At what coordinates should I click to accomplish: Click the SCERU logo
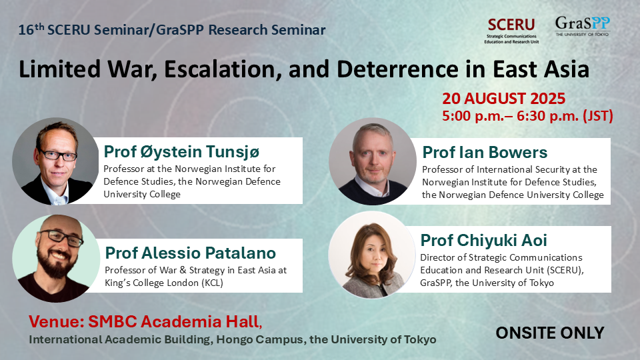pos(511,31)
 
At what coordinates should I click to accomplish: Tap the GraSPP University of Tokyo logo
pos(583,27)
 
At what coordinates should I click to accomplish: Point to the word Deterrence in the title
pos(397,69)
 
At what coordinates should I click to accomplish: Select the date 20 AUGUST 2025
pos(504,99)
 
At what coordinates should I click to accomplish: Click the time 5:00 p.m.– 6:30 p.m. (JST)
pos(527,116)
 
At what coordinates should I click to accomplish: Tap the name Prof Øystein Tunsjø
pos(181,152)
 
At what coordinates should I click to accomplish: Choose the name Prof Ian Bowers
pos(485,152)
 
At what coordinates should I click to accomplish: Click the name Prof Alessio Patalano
pos(190,253)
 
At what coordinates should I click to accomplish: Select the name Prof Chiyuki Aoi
pos(484,241)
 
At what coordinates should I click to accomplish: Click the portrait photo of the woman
pos(372,255)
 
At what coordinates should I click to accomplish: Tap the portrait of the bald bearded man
pos(56,259)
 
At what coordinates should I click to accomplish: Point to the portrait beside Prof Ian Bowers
pos(373,161)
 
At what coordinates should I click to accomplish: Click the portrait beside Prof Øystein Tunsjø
pos(55,161)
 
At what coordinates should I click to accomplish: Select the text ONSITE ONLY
pos(550,333)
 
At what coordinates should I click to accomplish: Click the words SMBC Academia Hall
pos(173,321)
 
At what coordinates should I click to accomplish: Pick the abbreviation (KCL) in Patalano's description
pos(212,283)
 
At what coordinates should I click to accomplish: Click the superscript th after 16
pos(39,27)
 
